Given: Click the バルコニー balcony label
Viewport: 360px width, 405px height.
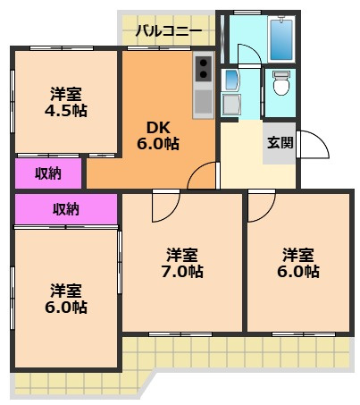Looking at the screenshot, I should (x=168, y=31).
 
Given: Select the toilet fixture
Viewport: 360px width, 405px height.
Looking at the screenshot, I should (x=282, y=82).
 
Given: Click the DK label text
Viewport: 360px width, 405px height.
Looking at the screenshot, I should (x=148, y=127).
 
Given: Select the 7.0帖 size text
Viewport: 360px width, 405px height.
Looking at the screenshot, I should (x=183, y=271).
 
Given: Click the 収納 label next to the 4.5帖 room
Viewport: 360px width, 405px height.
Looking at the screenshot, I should (x=48, y=173).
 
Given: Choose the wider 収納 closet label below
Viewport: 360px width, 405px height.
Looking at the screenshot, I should (x=65, y=209).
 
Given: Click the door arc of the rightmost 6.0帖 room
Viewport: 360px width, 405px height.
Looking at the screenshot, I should (x=260, y=208).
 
